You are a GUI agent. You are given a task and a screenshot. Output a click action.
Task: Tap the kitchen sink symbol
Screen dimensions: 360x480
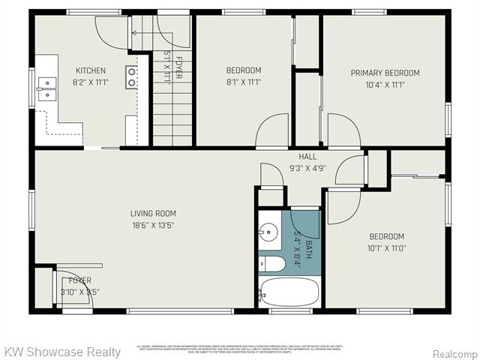[x=46, y=89]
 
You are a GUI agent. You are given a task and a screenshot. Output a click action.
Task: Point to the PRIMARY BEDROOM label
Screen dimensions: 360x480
[x=385, y=73]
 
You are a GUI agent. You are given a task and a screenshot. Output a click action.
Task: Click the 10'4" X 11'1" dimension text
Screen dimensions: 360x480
[x=385, y=85]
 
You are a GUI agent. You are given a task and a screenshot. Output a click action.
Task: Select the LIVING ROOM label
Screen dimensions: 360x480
[x=153, y=213]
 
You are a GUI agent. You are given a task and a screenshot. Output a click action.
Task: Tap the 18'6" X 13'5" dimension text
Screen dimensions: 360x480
[x=153, y=224]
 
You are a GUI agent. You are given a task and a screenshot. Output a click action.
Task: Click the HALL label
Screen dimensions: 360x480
[x=307, y=157]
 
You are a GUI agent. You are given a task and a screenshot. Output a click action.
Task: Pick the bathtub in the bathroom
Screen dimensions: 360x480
[x=289, y=291]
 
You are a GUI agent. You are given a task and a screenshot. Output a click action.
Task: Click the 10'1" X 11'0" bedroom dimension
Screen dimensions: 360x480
[x=386, y=248]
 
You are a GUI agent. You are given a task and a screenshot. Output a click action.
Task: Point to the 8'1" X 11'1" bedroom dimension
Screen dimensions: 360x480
[x=244, y=82]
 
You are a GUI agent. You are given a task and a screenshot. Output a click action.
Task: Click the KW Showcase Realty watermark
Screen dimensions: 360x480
[x=62, y=352]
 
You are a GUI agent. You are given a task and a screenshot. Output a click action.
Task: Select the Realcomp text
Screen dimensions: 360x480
[x=453, y=352]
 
